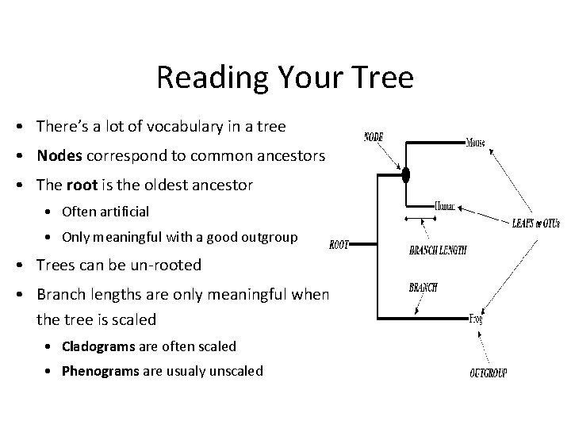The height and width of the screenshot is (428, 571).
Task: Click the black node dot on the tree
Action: (x=404, y=174)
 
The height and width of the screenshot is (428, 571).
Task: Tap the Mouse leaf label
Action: (x=476, y=143)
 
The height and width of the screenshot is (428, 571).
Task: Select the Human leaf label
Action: (x=446, y=204)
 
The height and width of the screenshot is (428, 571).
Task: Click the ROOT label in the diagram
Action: (x=339, y=246)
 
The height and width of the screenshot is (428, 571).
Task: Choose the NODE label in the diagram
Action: (x=374, y=136)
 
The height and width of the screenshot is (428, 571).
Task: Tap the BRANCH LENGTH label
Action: (x=438, y=250)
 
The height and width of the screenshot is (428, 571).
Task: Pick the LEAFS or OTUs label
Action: (x=537, y=223)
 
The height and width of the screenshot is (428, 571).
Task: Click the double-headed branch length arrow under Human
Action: (x=420, y=217)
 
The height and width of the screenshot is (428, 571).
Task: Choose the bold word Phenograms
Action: (x=101, y=370)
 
